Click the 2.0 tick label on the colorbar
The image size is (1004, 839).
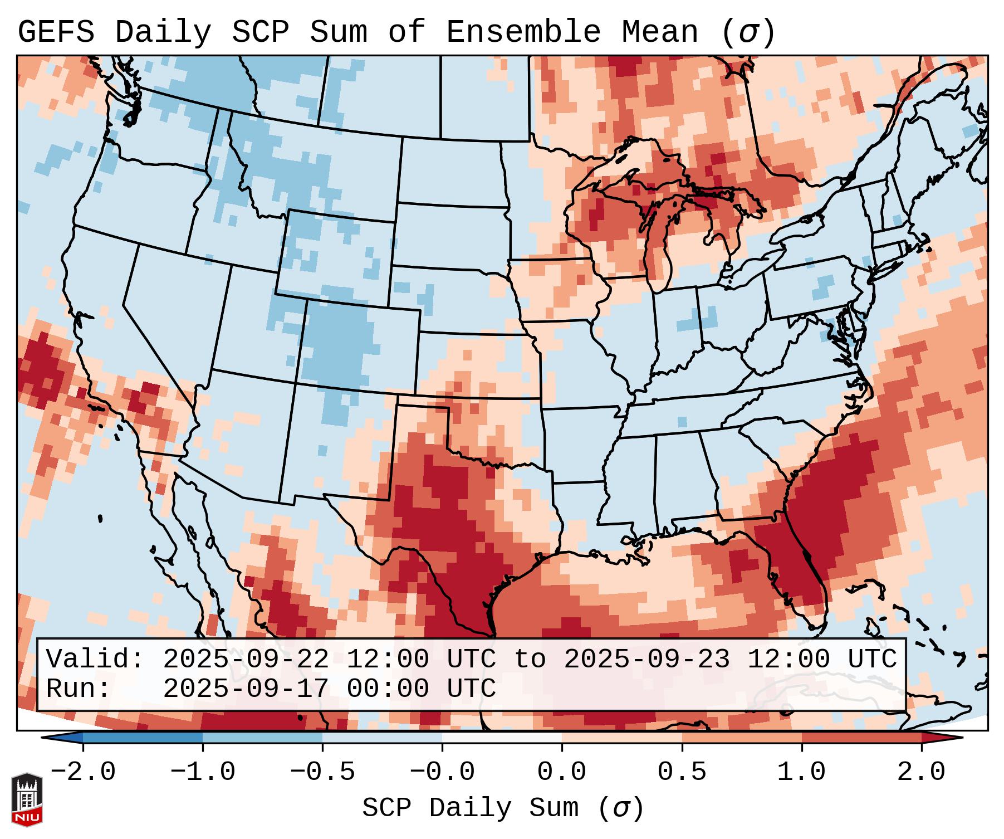pos(921,772)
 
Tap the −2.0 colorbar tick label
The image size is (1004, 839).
pos(83,772)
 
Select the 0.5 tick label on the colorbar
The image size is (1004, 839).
pos(682,772)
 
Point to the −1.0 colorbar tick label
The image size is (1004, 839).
pos(203,772)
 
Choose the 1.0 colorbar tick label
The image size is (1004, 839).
pos(801,772)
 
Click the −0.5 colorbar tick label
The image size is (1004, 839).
pos(322,772)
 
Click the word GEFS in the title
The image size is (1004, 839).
pos(56,32)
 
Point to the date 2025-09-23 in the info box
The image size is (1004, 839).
pos(647,660)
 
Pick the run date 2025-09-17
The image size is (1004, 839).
pos(245,689)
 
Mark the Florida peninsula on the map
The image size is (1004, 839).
pos(802,579)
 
